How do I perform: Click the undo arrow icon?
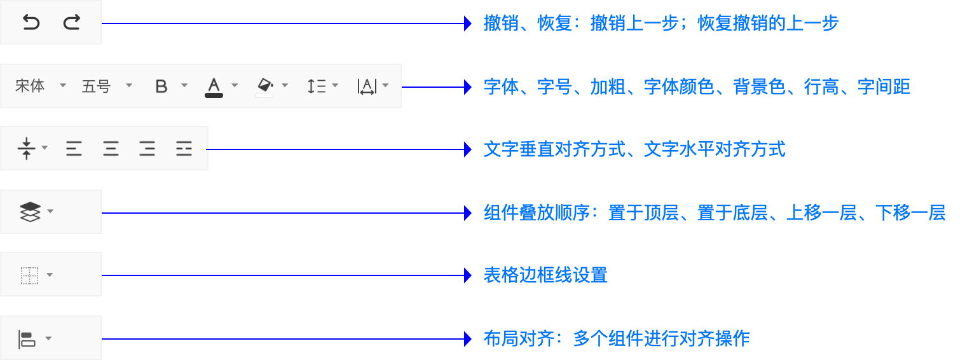point(31,23)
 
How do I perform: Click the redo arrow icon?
point(72,23)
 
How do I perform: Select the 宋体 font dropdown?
point(31,86)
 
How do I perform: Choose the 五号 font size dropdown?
point(97,86)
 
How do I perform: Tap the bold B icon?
point(161,87)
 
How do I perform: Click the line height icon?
point(316,86)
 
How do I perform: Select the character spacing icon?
point(367,87)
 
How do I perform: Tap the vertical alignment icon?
point(26,148)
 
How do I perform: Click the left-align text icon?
point(74,149)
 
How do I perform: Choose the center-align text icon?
point(111,149)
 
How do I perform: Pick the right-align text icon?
point(147,149)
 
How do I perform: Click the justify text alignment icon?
point(184,149)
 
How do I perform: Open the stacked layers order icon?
point(31,212)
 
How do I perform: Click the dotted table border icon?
point(29,275)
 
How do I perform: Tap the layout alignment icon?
point(27,338)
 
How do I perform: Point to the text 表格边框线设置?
point(545,275)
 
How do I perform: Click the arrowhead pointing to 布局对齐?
point(469,338)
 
